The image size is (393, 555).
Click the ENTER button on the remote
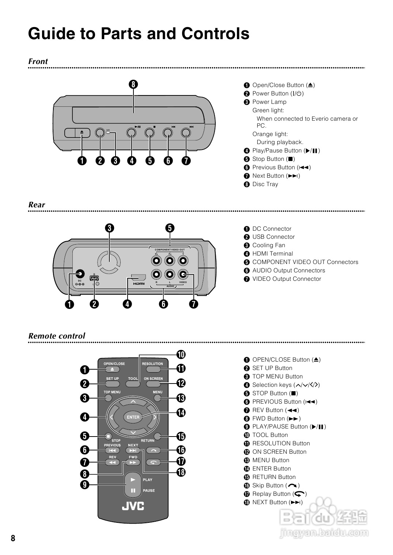pos(133,417)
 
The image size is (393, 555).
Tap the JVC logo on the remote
pos(133,506)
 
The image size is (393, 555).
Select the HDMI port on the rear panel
pos(139,278)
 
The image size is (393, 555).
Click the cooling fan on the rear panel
pos(109,262)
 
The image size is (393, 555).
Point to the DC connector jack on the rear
pos(79,274)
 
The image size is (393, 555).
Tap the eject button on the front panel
pos(82,133)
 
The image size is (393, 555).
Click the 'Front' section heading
pos(38,61)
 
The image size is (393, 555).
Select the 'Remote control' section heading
pos(57,336)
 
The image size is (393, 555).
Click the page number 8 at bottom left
pos(13,538)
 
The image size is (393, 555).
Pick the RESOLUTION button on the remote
pos(152,369)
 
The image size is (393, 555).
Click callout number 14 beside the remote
pos(181,413)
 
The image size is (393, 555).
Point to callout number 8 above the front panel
pos(133,84)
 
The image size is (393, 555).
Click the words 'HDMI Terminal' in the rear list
pos(272,254)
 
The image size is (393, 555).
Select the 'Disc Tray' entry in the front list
pos(265,184)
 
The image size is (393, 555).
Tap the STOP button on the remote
pos(108,436)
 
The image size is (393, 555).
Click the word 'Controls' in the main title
pos(215,34)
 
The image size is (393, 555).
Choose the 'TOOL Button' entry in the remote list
pos(270,435)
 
